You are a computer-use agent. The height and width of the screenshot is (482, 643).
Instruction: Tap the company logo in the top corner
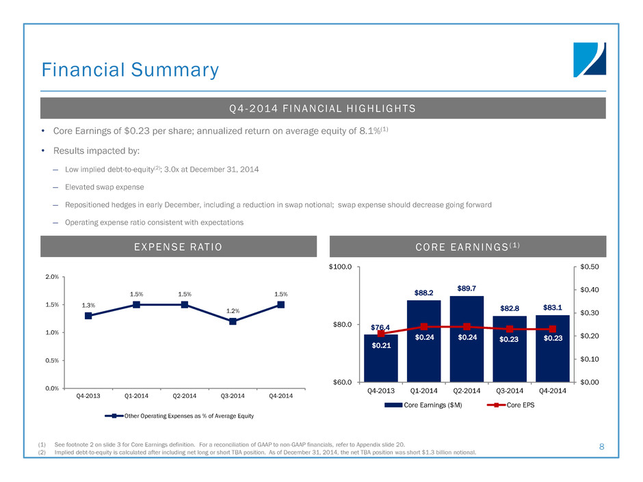(x=590, y=60)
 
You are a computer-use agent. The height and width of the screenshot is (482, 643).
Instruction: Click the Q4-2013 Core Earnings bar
(x=381, y=359)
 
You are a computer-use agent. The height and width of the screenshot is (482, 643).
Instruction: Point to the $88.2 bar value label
(x=424, y=293)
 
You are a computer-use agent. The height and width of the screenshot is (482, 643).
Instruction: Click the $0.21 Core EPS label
(x=381, y=346)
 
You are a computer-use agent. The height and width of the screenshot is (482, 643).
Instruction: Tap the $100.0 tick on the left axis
(x=341, y=267)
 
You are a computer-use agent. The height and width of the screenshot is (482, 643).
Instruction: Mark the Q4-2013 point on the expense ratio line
(x=88, y=316)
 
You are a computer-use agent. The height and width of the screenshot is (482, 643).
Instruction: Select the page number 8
(x=601, y=446)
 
